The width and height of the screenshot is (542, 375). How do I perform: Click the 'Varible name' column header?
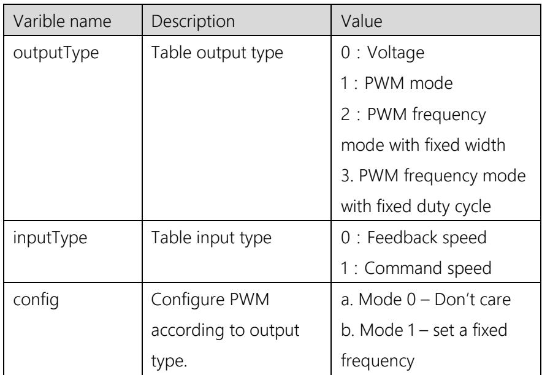(x=62, y=21)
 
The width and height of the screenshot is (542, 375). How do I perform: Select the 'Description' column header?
(x=193, y=21)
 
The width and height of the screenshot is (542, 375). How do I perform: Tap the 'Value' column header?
(x=362, y=21)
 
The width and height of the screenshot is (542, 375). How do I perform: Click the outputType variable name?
(x=56, y=53)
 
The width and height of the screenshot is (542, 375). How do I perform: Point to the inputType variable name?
(x=50, y=238)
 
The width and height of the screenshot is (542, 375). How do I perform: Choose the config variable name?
(x=36, y=300)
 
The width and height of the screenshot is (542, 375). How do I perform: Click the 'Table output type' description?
(x=217, y=53)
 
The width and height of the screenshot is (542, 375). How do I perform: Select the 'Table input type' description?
(x=211, y=238)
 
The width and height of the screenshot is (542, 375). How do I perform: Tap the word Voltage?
(x=395, y=53)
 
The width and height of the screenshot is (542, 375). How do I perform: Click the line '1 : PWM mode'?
(x=397, y=83)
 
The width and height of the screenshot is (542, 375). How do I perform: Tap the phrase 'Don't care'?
(x=473, y=300)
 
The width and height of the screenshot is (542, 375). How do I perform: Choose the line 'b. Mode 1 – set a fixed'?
(x=424, y=330)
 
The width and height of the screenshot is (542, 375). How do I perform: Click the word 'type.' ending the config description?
(x=169, y=362)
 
